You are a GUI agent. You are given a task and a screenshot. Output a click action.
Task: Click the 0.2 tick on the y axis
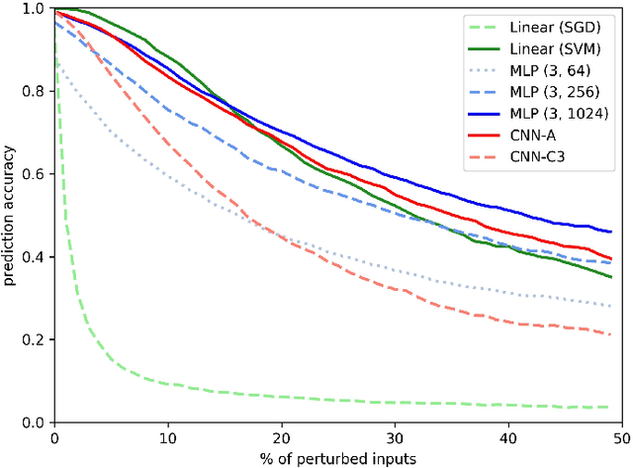(x=31, y=340)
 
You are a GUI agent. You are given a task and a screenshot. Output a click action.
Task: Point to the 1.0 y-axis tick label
(x=31, y=9)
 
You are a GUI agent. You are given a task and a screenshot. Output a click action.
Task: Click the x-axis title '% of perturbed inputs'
(x=338, y=457)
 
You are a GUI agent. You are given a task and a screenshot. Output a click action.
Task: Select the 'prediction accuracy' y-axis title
(x=10, y=216)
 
